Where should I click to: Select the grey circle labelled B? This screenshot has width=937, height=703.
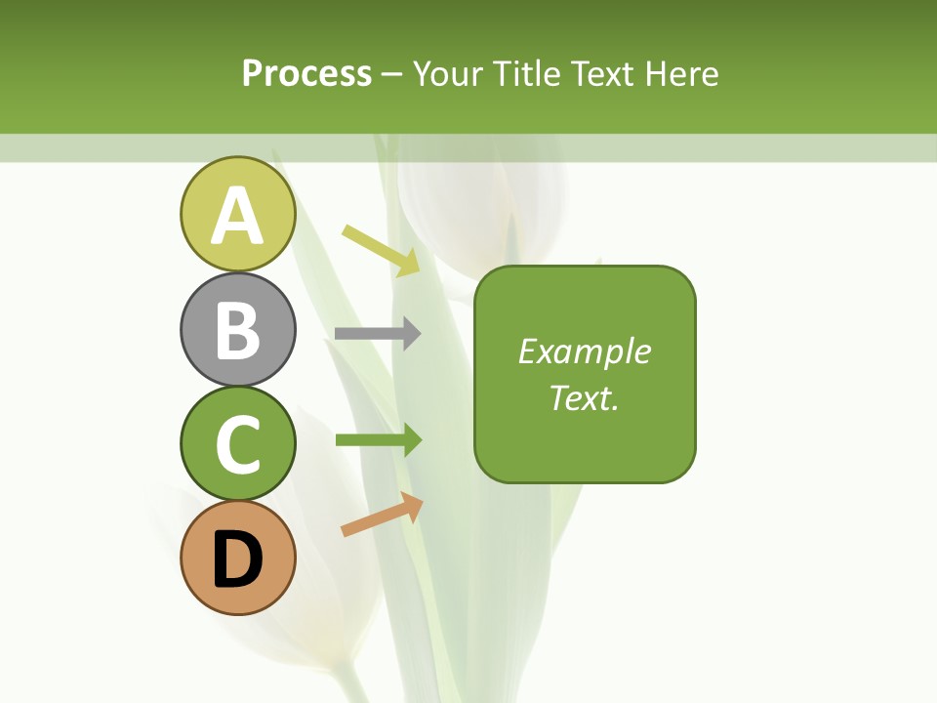237,330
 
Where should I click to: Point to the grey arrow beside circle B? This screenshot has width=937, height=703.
378,334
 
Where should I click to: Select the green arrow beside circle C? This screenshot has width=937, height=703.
378,440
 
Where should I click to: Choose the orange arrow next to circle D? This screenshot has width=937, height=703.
382,515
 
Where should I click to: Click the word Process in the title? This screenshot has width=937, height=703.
306,74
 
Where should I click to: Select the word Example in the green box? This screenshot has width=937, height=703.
584,351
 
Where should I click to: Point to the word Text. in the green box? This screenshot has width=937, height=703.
584,397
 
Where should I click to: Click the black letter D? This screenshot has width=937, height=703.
237,560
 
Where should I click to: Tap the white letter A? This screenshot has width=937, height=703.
237,216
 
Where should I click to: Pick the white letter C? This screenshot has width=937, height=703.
237,445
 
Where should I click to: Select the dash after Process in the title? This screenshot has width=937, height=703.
392,75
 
